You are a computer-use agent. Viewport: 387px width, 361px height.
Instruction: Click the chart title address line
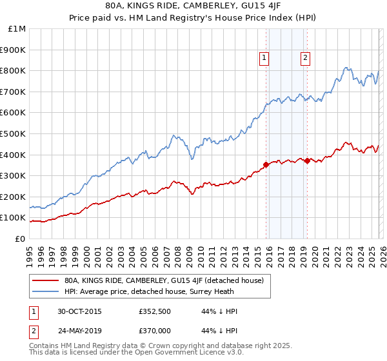[193, 6]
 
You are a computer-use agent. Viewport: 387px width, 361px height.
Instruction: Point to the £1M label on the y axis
[17, 28]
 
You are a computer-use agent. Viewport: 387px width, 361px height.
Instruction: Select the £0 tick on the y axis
[21, 239]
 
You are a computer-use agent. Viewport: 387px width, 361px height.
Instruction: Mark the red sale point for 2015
[266, 164]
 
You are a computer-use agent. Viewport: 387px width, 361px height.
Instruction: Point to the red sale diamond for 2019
[307, 161]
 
